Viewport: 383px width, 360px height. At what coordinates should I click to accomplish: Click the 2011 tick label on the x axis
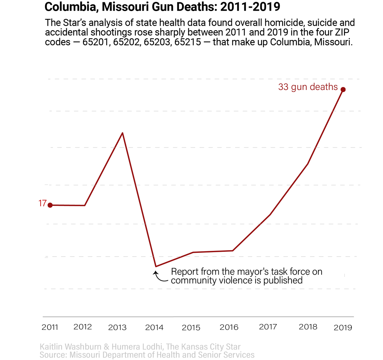pos(50,327)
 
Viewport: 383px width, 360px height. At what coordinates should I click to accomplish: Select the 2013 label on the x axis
pos(117,327)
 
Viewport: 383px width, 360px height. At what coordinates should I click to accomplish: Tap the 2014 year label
pos(154,327)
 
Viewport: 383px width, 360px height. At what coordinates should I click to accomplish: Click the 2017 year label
pos(268,326)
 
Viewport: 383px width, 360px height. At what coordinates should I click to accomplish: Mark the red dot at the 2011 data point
pos(50,205)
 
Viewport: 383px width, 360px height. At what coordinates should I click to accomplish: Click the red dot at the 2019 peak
pos(343,89)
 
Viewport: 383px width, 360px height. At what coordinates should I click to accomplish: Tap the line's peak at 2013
pos(123,133)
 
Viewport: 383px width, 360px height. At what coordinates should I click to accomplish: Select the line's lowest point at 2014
pos(156,267)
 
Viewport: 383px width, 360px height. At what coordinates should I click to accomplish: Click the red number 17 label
pos(42,204)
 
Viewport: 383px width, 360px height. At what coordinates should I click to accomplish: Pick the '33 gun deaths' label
pos(308,87)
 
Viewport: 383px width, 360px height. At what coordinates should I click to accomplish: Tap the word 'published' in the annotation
pos(283,280)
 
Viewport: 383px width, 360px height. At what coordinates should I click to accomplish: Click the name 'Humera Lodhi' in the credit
pos(139,347)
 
